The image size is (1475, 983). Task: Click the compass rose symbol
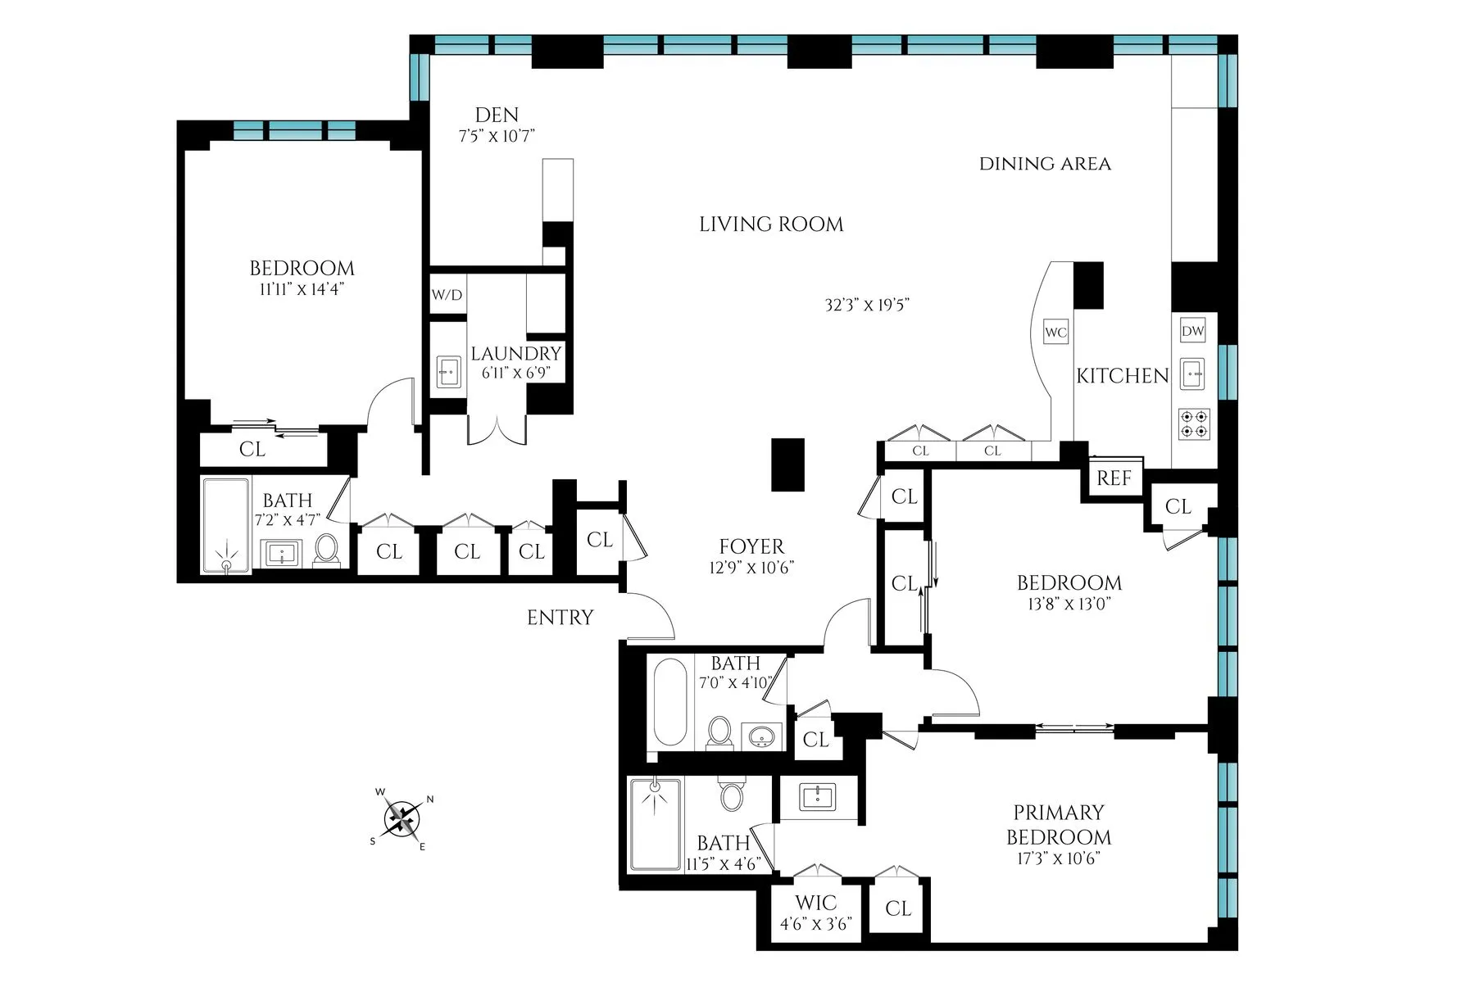coord(402,818)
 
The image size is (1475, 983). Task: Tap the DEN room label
coord(497,116)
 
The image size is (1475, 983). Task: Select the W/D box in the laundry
coord(447,295)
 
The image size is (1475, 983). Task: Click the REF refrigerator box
coord(1114,478)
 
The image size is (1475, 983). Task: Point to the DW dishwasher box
coord(1193,331)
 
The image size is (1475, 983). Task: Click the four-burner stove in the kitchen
coord(1193,424)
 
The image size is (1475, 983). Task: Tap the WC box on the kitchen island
coord(1055,333)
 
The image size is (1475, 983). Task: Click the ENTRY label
coord(560,618)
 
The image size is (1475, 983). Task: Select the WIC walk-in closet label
coord(815,903)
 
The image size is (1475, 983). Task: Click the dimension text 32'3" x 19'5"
coord(867,306)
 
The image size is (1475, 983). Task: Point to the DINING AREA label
coord(1045,164)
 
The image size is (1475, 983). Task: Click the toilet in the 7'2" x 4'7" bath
coord(326,550)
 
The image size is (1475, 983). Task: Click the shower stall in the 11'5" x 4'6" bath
coord(655,823)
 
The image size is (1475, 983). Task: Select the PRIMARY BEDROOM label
coord(1058,825)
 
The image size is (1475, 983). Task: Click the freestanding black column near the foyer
coord(788,464)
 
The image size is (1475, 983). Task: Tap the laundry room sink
coord(447,371)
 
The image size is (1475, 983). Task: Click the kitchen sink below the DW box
coord(1193,374)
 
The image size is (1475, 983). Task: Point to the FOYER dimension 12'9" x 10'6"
coord(751,568)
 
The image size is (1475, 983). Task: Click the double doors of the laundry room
coord(497,430)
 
